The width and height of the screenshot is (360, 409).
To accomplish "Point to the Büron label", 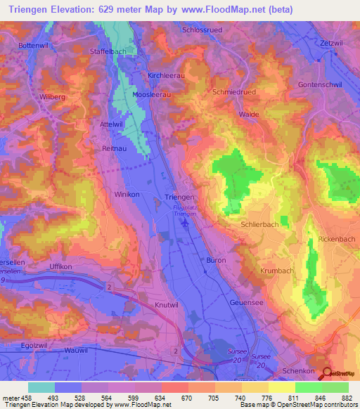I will coord(214,260).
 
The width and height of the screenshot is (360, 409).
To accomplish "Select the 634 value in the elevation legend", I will coord(161,397).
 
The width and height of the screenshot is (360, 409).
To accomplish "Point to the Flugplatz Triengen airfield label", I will coord(185,211).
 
